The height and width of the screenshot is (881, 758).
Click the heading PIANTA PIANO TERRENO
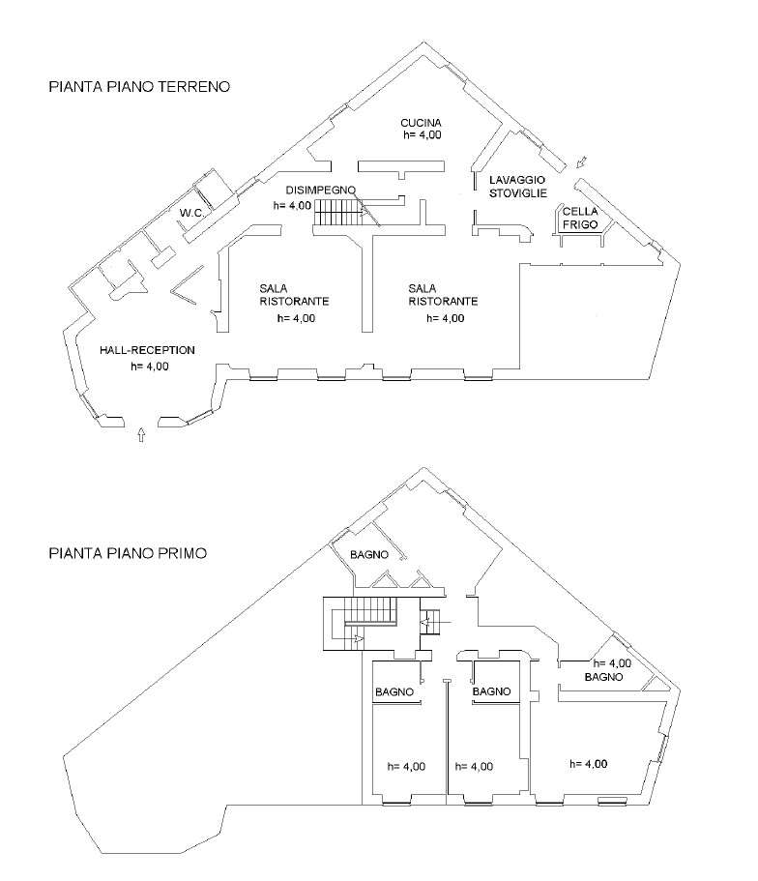[138, 87]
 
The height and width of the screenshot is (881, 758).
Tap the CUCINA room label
[422, 123]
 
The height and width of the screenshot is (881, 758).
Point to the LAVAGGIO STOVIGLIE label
[517, 186]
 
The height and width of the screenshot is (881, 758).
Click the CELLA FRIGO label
[580, 218]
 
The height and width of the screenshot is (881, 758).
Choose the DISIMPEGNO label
[322, 190]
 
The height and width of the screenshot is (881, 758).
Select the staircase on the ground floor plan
[336, 220]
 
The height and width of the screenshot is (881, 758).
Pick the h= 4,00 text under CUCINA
[423, 136]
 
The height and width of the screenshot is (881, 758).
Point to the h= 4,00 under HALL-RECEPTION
[149, 366]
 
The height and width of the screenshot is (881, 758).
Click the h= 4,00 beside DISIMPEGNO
[292, 205]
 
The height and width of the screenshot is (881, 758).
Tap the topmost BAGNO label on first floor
[369, 554]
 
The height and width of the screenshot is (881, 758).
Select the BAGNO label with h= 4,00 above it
[603, 678]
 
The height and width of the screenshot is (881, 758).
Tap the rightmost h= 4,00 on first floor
[588, 764]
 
